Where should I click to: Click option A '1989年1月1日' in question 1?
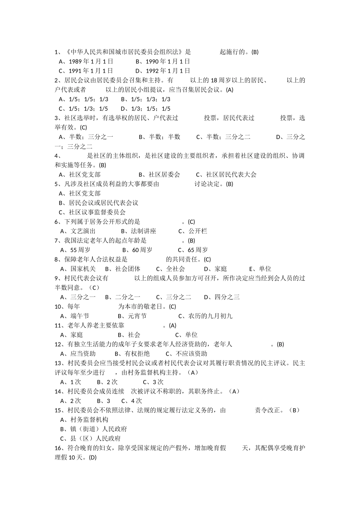coord(86,61)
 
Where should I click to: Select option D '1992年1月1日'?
coord(163,71)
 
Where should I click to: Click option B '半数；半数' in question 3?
coord(160,137)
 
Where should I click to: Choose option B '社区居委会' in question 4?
coord(160,175)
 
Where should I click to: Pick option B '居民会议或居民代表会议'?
coord(99,203)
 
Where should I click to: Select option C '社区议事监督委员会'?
coord(92,212)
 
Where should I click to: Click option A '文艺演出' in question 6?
coord(78,231)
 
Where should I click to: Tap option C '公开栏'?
coord(193,231)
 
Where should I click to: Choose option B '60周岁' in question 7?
coord(138,250)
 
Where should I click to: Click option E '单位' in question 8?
coord(260,269)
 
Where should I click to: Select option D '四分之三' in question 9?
coord(222,297)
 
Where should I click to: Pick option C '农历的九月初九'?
coord(205,316)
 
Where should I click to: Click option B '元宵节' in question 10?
coord(132,316)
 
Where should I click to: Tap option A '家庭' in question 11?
coord(72,335)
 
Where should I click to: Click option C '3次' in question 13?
coord(153,382)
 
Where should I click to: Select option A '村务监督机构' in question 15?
coord(85,420)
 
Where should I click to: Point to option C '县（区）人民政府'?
coord(91,439)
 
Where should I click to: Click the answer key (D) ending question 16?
coord(92,457)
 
